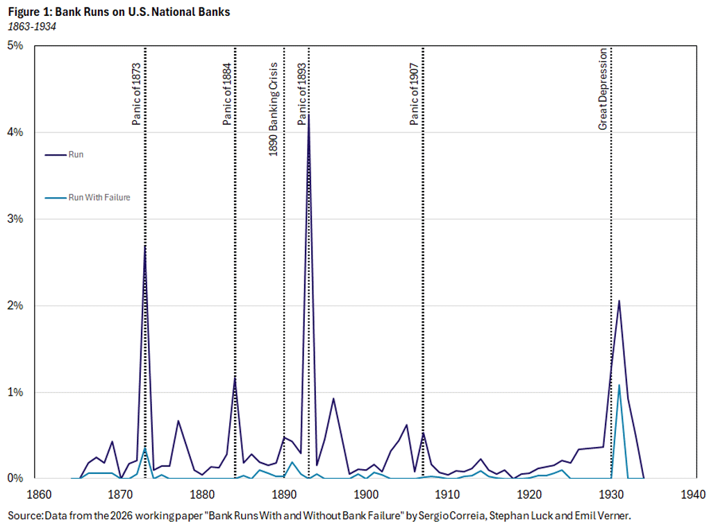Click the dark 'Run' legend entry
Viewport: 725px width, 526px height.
76,154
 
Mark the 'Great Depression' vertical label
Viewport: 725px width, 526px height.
603,88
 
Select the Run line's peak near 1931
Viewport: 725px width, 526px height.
619,300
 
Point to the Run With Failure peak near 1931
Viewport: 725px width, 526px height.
619,385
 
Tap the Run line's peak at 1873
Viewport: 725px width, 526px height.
144,246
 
